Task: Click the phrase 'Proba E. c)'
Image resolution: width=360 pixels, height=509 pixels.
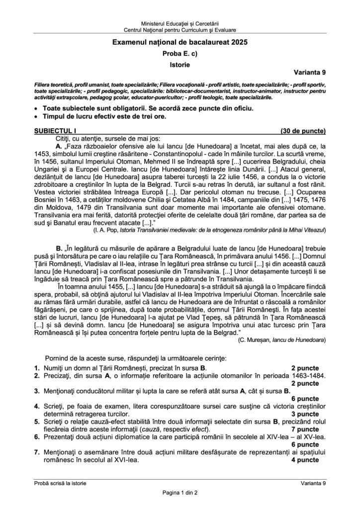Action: pyautogui.click(x=180, y=54)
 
